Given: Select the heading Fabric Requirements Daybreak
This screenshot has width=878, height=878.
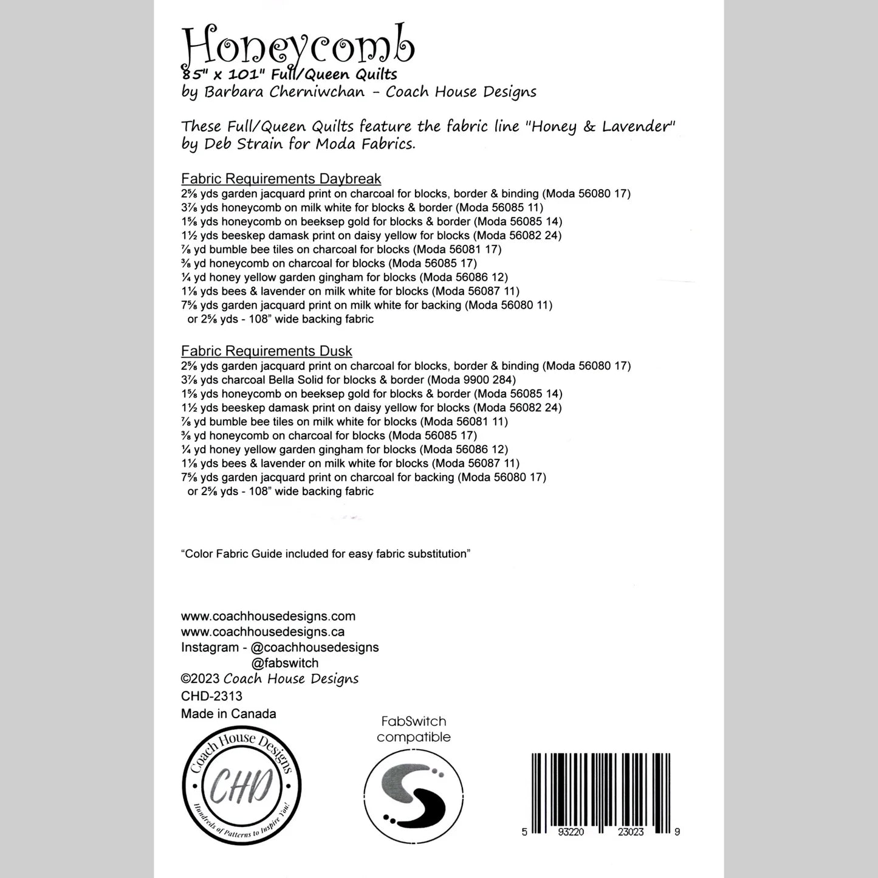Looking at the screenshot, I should point(281,179).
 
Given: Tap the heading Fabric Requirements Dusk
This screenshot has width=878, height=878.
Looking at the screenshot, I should point(266,351).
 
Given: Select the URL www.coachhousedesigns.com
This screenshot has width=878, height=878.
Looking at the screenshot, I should point(268,616).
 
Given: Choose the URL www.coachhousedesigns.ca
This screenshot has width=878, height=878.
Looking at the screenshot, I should point(262,632).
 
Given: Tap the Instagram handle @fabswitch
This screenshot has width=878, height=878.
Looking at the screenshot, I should point(284,663).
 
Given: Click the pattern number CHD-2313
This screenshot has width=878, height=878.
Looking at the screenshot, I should point(211,696).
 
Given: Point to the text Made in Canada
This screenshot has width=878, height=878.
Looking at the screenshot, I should point(228,714).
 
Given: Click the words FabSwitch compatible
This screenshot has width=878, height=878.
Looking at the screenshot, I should point(413,729).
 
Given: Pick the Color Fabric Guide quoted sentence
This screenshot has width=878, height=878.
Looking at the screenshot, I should point(326,554).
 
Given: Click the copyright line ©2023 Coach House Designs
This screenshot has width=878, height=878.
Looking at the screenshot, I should point(270,679).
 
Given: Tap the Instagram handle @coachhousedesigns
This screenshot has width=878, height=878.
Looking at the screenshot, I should point(314,648).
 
